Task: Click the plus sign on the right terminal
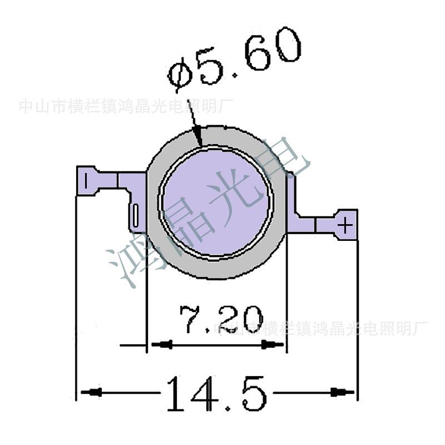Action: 346,225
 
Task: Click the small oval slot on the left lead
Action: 135,214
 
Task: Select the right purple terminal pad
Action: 345,225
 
